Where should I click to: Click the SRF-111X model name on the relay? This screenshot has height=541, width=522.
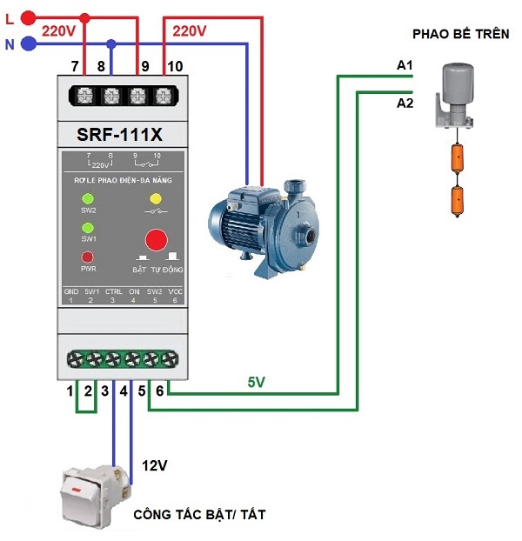point(113,135)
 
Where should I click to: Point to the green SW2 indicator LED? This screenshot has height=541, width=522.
point(88,197)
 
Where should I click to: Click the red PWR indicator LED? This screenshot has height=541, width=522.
point(88,257)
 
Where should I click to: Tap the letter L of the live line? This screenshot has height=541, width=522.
point(10,17)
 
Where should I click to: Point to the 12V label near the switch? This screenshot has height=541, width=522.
point(153,466)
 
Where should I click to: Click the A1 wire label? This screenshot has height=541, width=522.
point(405,66)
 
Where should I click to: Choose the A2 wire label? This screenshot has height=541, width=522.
point(405,104)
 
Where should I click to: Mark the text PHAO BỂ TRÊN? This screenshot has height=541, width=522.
point(459,34)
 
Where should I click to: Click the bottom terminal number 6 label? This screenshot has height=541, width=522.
point(158,392)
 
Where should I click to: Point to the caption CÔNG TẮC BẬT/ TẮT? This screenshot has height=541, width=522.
point(199,515)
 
